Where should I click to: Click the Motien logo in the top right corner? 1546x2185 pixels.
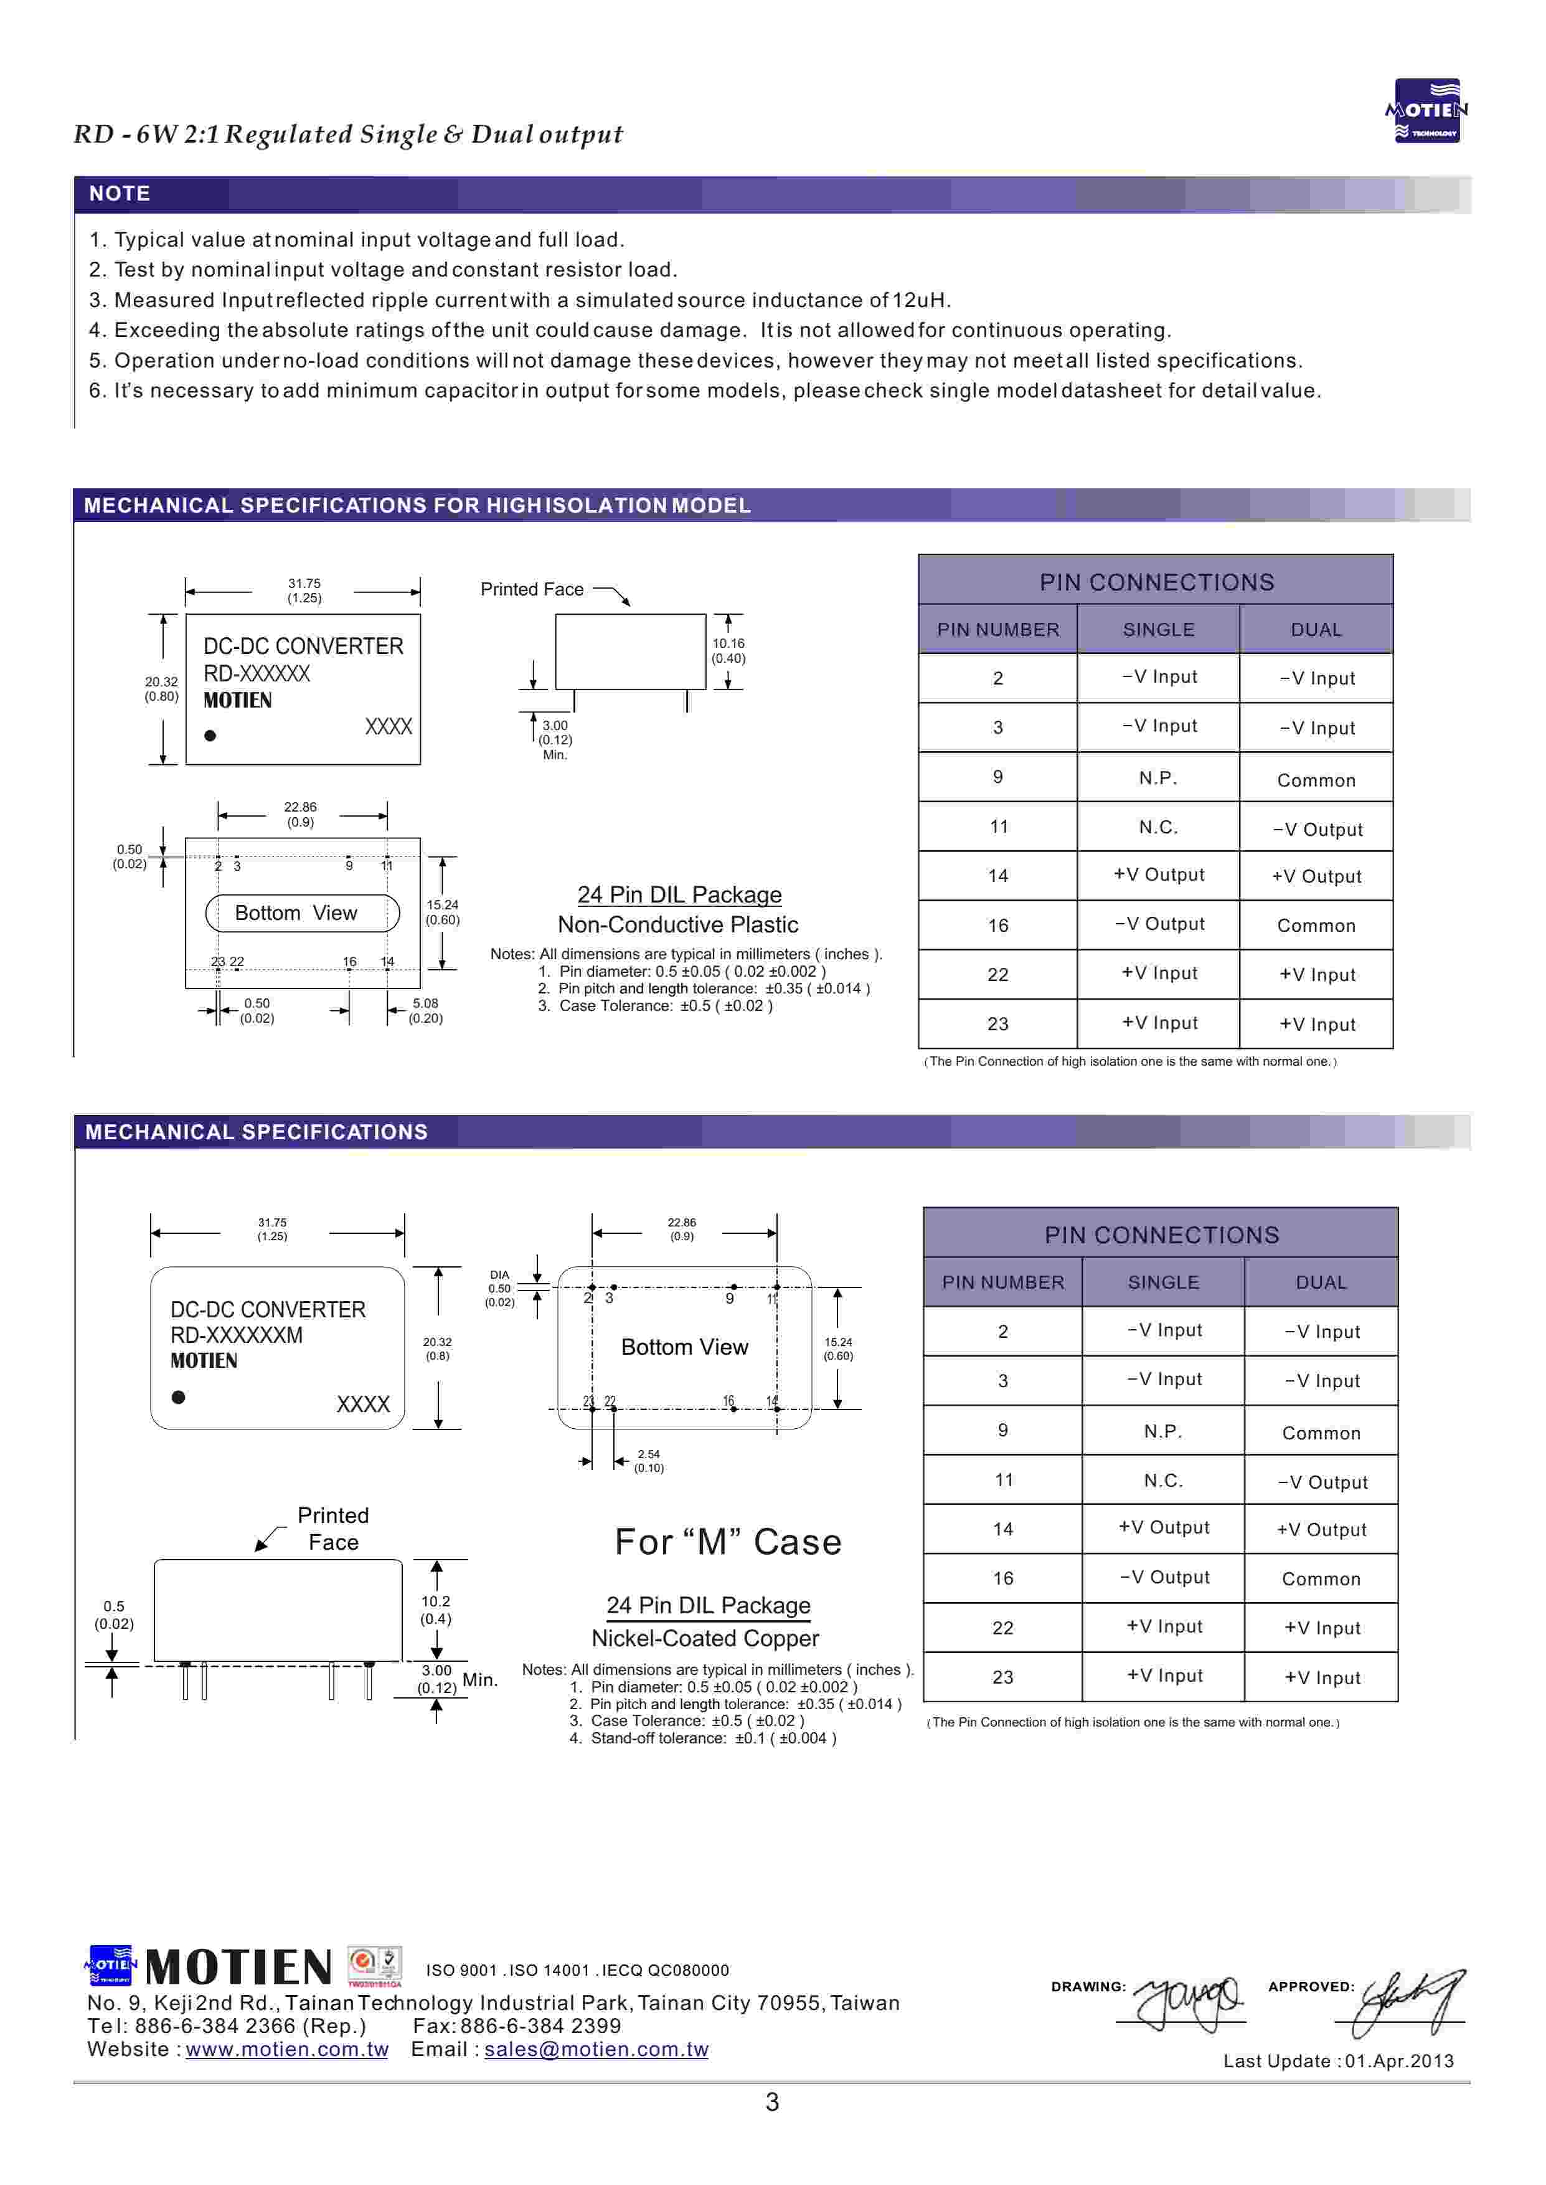coord(1426,110)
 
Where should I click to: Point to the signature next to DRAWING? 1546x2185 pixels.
coord(1190,1999)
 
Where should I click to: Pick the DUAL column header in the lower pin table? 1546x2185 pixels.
coord(1321,1282)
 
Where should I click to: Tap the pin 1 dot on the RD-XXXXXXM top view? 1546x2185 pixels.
coord(178,1396)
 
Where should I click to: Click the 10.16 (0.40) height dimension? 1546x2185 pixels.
coord(728,650)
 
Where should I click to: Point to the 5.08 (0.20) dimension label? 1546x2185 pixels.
coord(425,1010)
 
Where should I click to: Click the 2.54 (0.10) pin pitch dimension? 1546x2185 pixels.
coord(648,1461)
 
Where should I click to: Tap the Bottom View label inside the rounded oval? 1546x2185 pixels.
coord(296,913)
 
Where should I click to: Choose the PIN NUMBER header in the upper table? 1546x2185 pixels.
coord(997,629)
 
